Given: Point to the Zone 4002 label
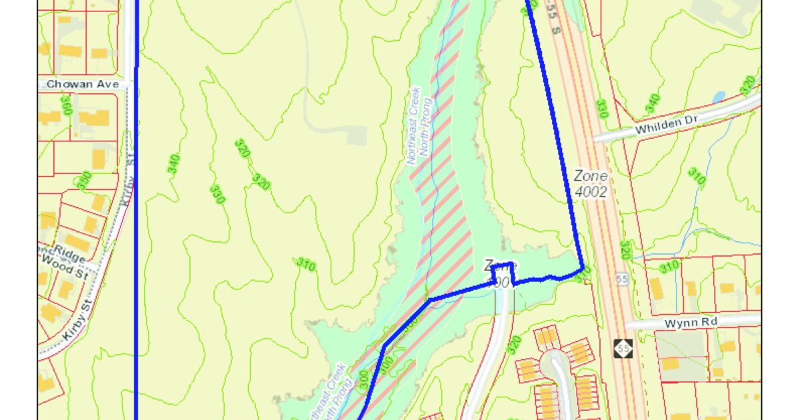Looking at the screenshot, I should click(x=591, y=184).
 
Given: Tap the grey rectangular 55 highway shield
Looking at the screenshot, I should click(x=622, y=279).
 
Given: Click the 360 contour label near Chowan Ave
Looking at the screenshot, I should click(x=65, y=105).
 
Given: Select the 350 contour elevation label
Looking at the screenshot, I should click(x=83, y=181).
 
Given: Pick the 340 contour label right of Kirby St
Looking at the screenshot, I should click(x=175, y=164).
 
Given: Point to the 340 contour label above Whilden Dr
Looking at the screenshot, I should click(x=652, y=104).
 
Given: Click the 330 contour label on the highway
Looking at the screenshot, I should click(x=601, y=109).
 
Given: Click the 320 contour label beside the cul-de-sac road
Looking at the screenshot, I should click(x=513, y=345).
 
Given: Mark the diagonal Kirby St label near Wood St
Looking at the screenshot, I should click(x=79, y=323).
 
